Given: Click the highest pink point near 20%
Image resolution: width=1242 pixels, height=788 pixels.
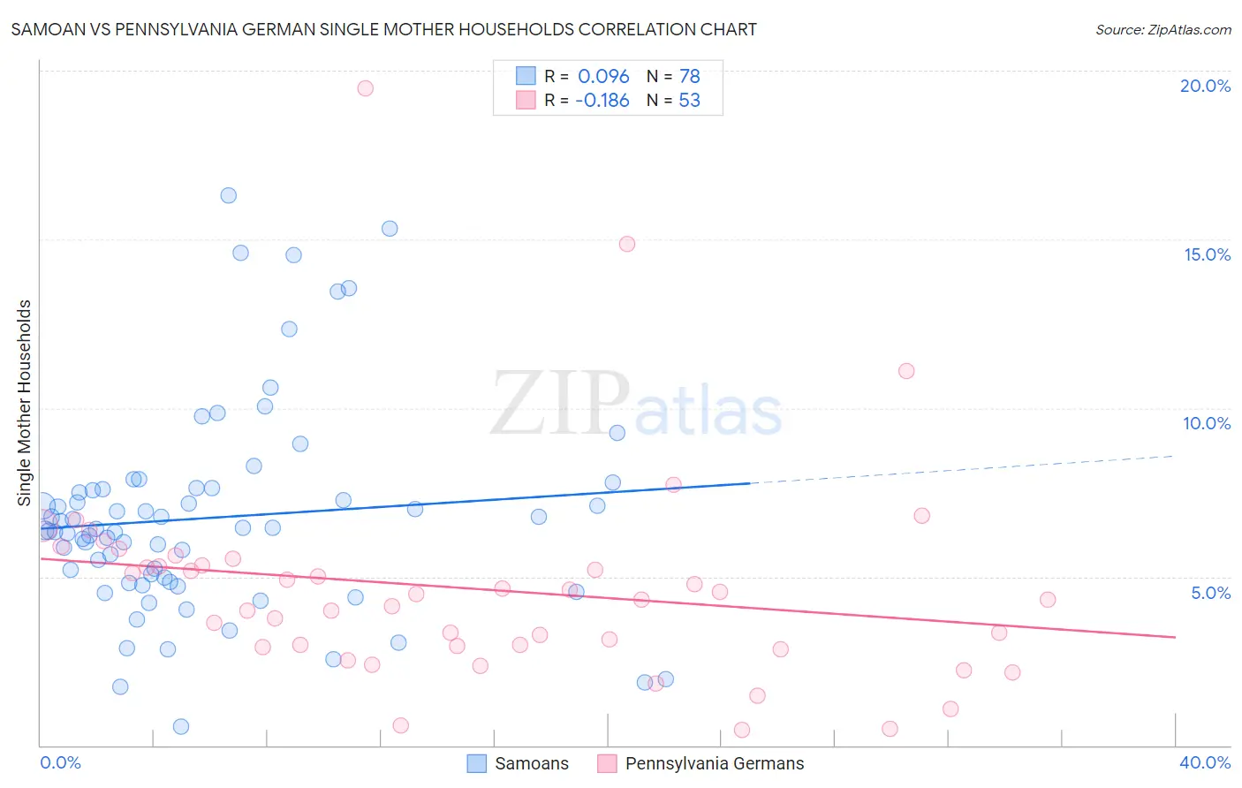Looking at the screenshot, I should (x=365, y=88).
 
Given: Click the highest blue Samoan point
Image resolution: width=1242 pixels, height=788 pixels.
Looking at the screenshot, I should (x=228, y=195).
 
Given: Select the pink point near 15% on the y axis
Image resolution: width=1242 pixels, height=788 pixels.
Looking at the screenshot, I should (x=627, y=244).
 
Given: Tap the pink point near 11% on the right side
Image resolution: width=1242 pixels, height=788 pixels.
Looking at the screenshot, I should (x=906, y=371).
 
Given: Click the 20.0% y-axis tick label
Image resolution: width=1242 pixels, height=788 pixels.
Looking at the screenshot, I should (x=1205, y=86).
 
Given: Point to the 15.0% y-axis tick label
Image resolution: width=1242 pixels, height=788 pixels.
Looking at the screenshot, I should (x=1207, y=254).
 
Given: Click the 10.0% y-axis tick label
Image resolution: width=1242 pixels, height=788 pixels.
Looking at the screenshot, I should (x=1207, y=423).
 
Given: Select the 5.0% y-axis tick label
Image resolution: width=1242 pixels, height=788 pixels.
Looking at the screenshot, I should (x=1210, y=593).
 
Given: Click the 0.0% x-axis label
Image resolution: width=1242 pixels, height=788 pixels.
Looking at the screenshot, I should (x=60, y=762).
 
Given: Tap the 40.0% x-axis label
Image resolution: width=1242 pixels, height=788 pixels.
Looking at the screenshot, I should (x=1204, y=762).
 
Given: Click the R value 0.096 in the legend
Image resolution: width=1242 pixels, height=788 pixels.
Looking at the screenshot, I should (x=603, y=76).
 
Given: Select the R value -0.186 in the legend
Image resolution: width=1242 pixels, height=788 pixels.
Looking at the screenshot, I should (x=602, y=100).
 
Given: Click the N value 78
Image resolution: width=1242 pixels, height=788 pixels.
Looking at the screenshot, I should (x=689, y=76).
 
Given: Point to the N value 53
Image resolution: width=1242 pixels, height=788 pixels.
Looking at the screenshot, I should (x=689, y=100).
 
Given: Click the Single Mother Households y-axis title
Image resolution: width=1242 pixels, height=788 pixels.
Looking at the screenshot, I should (x=25, y=403).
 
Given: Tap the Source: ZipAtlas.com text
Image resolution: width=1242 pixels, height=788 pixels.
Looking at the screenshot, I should (x=1162, y=30).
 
